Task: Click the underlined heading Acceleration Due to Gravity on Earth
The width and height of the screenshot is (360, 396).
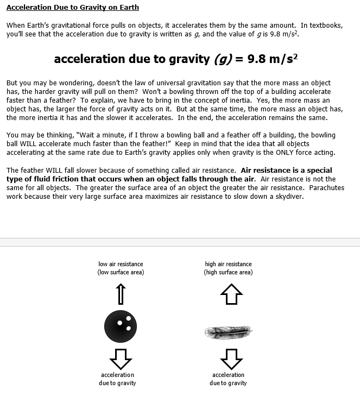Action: click(73, 8)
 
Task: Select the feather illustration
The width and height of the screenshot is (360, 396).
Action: click(228, 330)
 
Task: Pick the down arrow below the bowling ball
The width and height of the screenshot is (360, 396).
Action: click(121, 358)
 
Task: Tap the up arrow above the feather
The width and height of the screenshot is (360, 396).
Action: click(231, 296)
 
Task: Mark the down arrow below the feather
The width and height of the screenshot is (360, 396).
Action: click(231, 358)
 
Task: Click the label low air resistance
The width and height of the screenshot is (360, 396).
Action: click(121, 264)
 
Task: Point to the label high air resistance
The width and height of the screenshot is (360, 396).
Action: click(228, 264)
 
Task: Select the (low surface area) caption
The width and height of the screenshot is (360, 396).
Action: click(121, 272)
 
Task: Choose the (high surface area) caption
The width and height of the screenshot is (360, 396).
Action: click(228, 272)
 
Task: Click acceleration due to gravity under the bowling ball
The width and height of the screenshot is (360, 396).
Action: click(117, 379)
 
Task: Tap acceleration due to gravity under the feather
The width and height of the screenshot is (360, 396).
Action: click(228, 379)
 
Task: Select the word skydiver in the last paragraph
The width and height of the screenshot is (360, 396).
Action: click(289, 197)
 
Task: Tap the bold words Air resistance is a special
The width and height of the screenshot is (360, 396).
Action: click(286, 171)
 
